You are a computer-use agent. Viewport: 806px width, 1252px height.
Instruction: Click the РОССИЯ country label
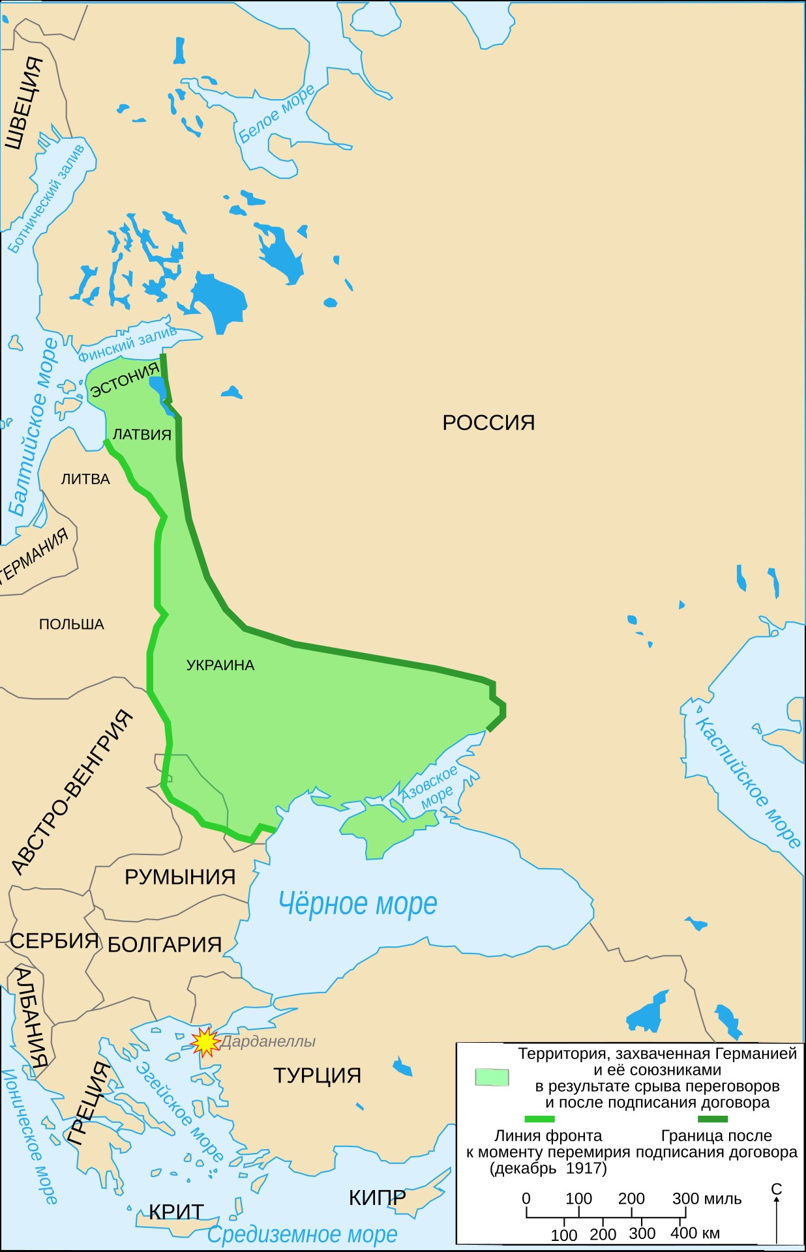[488, 422]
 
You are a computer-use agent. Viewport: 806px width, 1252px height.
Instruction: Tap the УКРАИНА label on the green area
[220, 665]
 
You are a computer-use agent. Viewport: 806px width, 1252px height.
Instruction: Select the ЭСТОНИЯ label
[125, 380]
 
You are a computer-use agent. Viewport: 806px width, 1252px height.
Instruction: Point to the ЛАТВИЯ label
[142, 435]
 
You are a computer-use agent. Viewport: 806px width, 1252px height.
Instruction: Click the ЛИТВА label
[85, 480]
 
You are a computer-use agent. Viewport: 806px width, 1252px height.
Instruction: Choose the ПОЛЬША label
[72, 624]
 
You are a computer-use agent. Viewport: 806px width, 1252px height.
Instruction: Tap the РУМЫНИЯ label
[180, 877]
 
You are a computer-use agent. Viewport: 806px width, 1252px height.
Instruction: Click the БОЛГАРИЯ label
[164, 945]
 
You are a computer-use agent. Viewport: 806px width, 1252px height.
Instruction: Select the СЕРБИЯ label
[54, 941]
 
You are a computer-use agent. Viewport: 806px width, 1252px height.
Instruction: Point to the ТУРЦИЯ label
[317, 1075]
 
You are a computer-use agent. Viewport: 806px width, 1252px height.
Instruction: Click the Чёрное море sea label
[357, 904]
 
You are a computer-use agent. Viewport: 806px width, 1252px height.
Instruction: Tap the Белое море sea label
[276, 113]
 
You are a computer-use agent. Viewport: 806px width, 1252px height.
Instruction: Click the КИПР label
[377, 1198]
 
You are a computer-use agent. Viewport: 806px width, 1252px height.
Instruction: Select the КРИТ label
[176, 1212]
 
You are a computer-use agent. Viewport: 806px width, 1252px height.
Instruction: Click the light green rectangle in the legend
[492, 1077]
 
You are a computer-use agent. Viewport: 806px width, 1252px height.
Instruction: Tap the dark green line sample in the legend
[712, 1119]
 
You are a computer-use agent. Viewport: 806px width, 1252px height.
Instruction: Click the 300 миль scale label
[707, 1199]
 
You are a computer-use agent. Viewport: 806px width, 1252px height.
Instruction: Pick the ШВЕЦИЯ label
[23, 103]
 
